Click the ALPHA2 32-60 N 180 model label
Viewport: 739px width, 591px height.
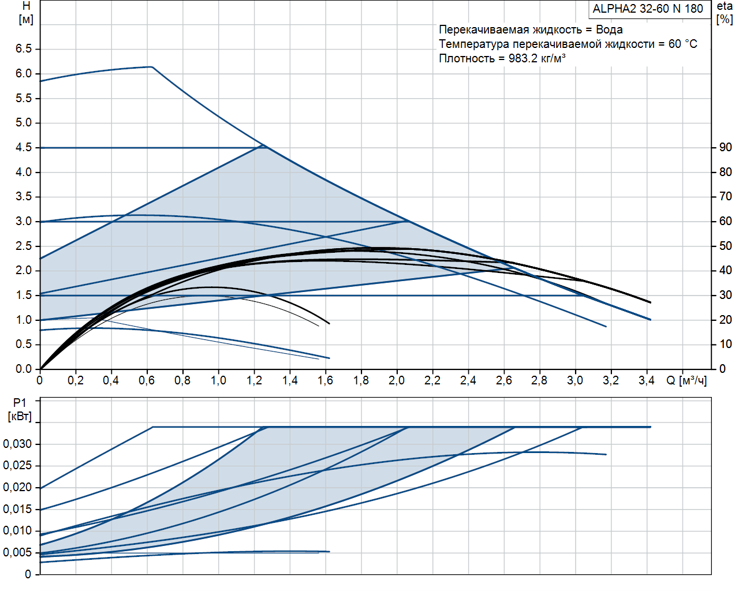click(x=648, y=9)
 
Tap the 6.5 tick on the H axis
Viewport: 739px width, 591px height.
click(x=24, y=49)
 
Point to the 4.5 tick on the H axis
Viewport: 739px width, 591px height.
click(x=24, y=148)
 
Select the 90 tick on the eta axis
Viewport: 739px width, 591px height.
click(x=725, y=148)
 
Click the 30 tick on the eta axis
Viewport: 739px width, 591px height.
click(x=725, y=295)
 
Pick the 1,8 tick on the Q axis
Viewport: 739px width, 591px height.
click(x=361, y=381)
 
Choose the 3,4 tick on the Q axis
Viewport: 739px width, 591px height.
click(x=646, y=381)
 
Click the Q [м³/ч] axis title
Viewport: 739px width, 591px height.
click(x=686, y=381)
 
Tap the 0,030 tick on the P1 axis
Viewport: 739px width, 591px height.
click(x=17, y=444)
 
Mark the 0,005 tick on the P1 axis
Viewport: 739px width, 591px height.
click(x=17, y=553)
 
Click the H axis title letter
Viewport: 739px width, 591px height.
click(x=26, y=6)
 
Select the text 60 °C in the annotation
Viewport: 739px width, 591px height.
click(x=682, y=44)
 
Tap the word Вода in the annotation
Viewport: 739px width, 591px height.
click(x=609, y=30)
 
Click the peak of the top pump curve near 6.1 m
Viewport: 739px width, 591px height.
click(x=151, y=67)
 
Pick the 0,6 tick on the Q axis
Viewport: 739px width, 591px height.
click(x=147, y=381)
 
